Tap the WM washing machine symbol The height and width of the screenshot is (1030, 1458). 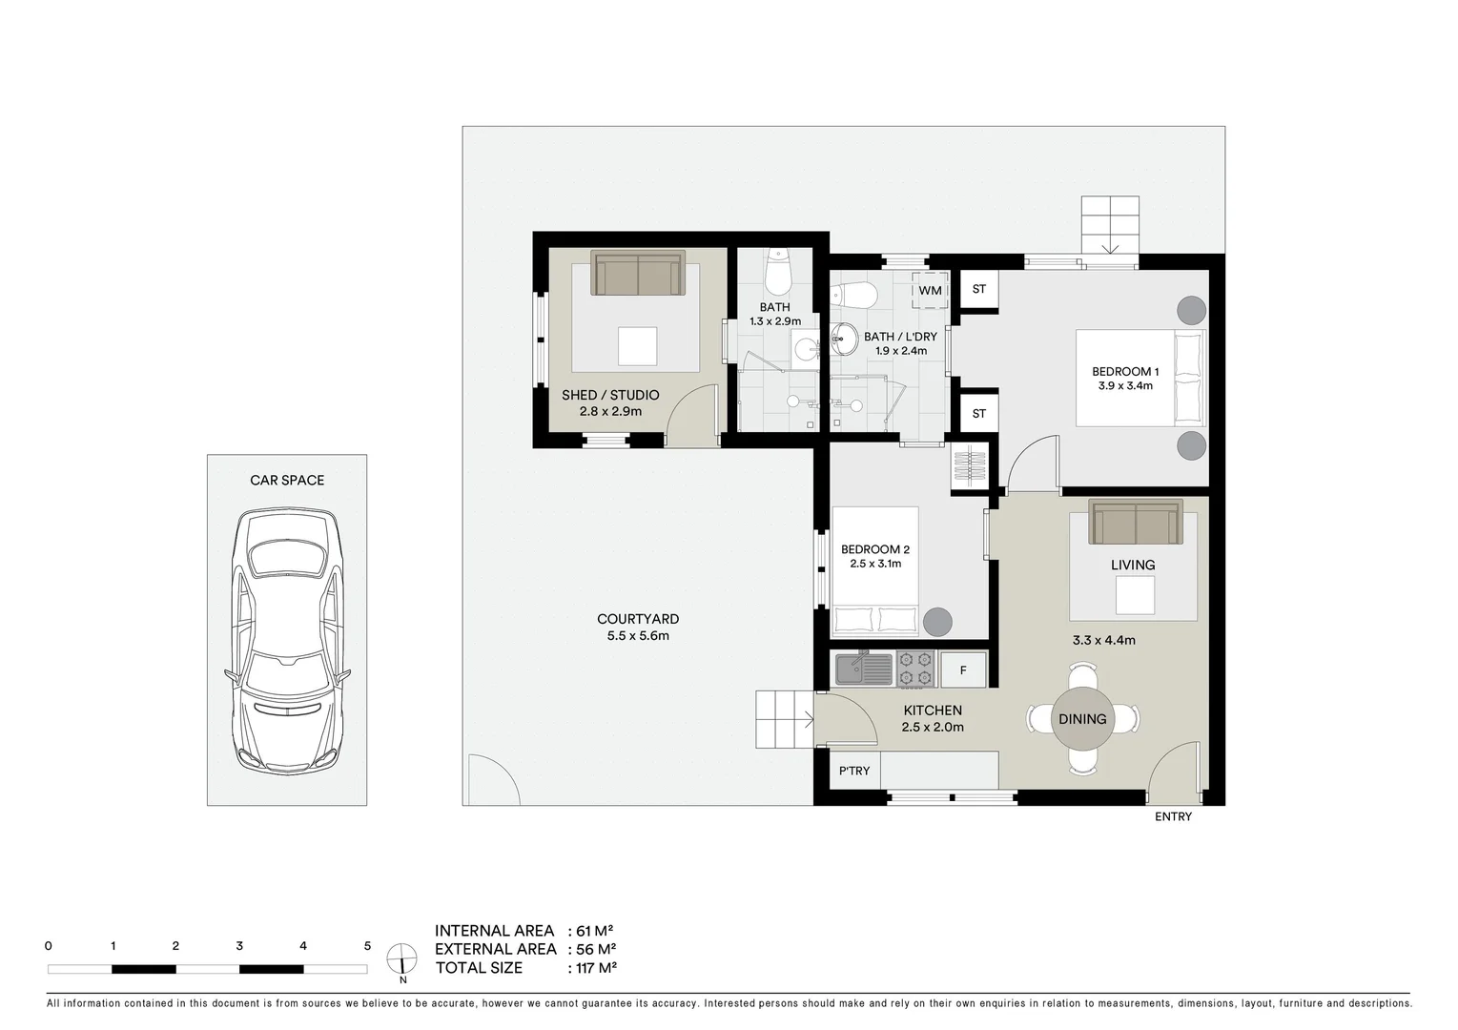930,290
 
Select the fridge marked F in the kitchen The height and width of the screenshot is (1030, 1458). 963,670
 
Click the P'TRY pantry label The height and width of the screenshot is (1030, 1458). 854,771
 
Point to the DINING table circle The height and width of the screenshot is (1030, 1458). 1082,719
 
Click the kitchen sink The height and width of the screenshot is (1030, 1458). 863,669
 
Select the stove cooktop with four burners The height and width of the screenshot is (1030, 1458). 914,669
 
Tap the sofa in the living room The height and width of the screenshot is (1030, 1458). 1136,523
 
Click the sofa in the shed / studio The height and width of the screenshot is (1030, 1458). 638,274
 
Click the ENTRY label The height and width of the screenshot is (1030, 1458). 1173,817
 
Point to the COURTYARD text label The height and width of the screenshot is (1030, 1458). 638,619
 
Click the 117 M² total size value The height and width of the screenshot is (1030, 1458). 597,968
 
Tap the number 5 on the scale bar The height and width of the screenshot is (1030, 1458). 367,946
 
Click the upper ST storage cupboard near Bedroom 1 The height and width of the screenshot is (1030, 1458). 978,289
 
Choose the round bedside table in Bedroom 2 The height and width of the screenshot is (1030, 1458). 937,622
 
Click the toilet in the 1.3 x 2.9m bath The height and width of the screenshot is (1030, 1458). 779,274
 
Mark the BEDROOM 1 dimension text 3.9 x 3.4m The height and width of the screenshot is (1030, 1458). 1125,386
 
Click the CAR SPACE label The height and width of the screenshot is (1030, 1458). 287,481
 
